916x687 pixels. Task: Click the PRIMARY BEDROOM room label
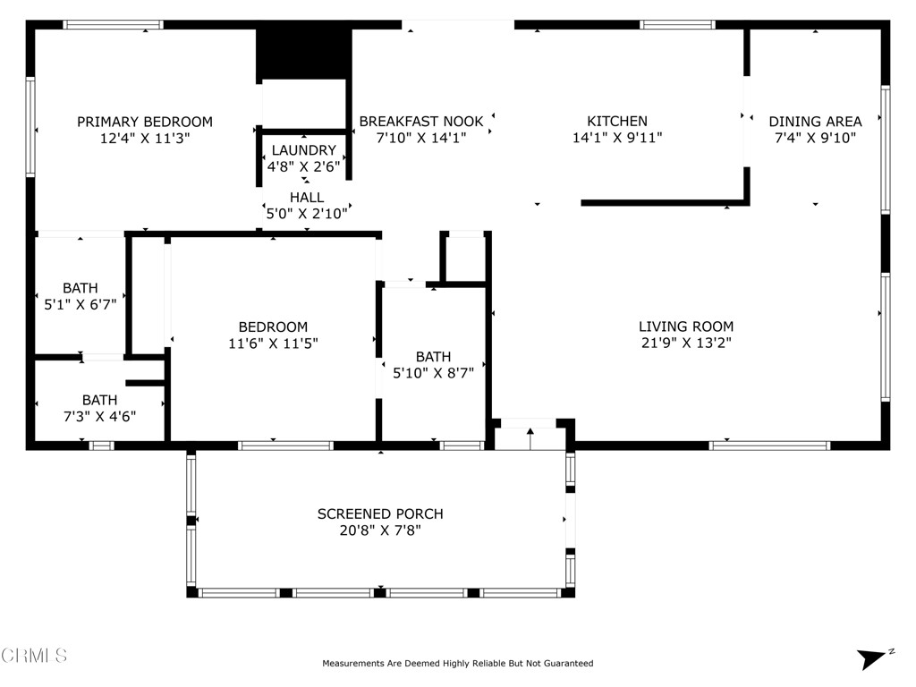(145, 122)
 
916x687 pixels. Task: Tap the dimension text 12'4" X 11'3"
(145, 139)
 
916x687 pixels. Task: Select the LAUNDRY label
(304, 150)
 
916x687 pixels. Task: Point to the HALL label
(307, 197)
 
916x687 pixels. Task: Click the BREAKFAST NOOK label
(421, 122)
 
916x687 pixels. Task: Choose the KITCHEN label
(617, 122)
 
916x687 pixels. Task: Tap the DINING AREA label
(815, 122)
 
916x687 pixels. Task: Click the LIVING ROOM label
(686, 327)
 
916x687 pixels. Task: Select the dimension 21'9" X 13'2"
(686, 343)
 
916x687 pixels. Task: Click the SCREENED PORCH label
(380, 514)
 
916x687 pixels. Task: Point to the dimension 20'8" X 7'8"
(380, 530)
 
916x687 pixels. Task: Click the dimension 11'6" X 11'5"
(273, 343)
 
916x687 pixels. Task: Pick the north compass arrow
(872, 658)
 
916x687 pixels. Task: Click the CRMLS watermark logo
(34, 656)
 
